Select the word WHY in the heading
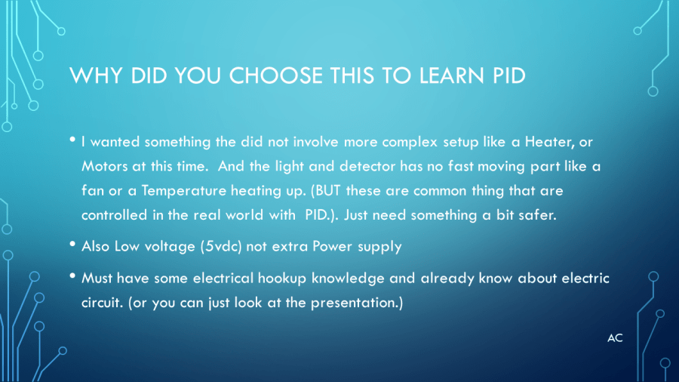[96, 75]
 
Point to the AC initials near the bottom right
[615, 338]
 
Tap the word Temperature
[184, 191]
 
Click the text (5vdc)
[221, 246]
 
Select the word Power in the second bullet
[332, 246]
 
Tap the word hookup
[282, 279]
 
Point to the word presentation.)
[357, 303]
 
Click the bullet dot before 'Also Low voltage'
[72, 245]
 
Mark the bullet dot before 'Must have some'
[72, 276]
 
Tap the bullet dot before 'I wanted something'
[72, 140]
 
